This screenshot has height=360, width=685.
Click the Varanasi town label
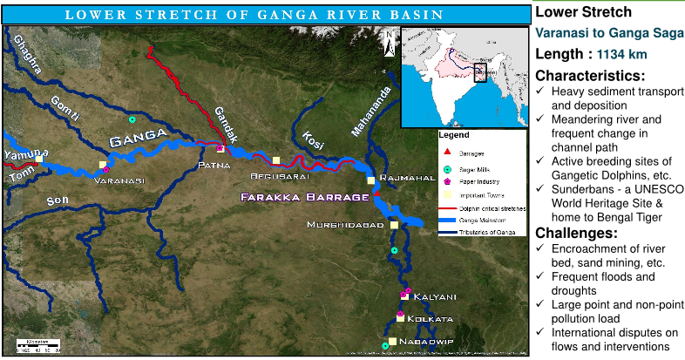(119, 180)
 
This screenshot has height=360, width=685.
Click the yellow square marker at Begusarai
(276, 160)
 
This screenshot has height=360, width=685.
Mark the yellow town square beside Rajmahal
(370, 180)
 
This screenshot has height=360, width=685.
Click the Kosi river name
(311, 139)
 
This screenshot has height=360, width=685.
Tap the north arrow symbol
(389, 40)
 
